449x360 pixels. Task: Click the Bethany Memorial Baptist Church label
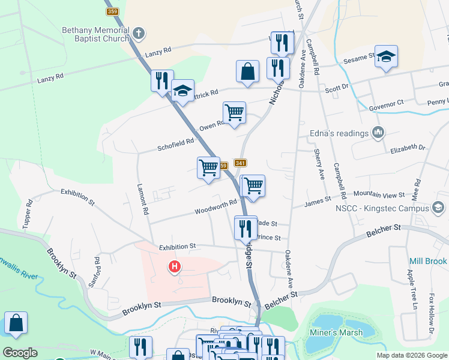click(x=95, y=34)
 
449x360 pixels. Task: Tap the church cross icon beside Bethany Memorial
click(x=139, y=34)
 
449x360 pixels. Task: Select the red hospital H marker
click(x=175, y=266)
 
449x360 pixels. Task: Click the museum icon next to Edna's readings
click(x=378, y=133)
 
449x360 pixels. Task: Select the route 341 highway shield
click(x=241, y=163)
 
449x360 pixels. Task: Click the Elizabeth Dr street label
click(x=408, y=148)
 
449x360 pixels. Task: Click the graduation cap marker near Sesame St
click(x=386, y=57)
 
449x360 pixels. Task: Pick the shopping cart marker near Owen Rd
click(x=234, y=112)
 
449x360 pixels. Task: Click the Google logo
click(x=20, y=353)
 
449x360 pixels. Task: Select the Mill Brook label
click(x=427, y=262)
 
